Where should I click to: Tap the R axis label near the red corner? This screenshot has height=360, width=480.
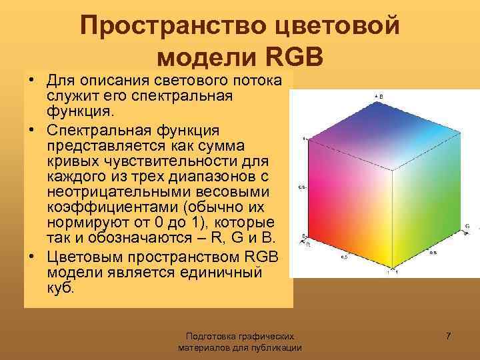(308, 244)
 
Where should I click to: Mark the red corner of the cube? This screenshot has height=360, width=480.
(306, 237)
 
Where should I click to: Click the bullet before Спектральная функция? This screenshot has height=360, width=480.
(31, 129)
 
